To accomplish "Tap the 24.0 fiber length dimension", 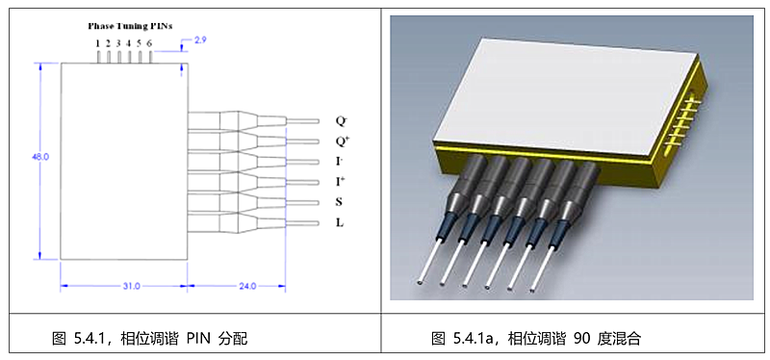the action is [247, 286].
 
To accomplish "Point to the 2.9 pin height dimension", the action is [200, 40].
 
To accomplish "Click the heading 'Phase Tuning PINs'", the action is [130, 27].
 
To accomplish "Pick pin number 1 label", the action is [98, 43].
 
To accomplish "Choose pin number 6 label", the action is [149, 43].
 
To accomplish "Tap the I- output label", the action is [340, 162].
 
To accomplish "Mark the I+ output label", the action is [341, 182].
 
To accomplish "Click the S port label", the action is [340, 202].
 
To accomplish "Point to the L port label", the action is [340, 223].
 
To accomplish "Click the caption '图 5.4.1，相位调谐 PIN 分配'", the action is [150, 338].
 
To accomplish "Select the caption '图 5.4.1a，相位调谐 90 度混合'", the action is [536, 338].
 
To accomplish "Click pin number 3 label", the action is [118, 43].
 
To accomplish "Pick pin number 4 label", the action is [129, 43].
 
